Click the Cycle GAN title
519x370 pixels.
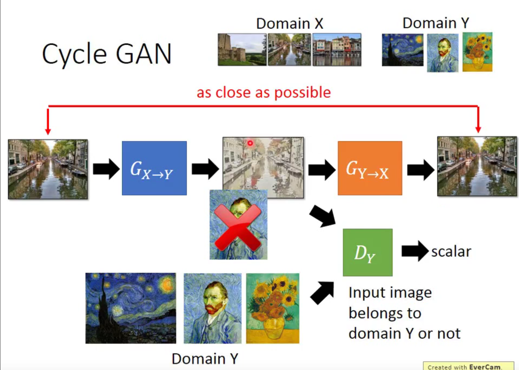click(x=107, y=54)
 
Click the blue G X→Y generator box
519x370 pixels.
click(x=154, y=168)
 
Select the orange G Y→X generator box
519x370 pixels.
click(x=370, y=168)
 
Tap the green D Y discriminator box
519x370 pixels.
click(x=367, y=252)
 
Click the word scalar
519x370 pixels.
click(x=451, y=251)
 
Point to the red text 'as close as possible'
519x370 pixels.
click(x=264, y=93)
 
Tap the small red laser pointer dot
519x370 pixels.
click(x=250, y=143)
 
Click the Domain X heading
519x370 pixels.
click(x=289, y=24)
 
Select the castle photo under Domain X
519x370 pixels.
click(x=242, y=50)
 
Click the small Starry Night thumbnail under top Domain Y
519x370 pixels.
click(x=402, y=50)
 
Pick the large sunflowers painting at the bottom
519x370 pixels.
click(x=273, y=308)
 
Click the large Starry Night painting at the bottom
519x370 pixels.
click(x=131, y=308)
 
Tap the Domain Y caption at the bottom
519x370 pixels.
click(x=205, y=359)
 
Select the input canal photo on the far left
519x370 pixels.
click(x=48, y=169)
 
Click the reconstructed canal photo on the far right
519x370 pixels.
click(x=477, y=166)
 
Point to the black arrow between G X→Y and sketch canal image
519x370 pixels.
click(x=205, y=169)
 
